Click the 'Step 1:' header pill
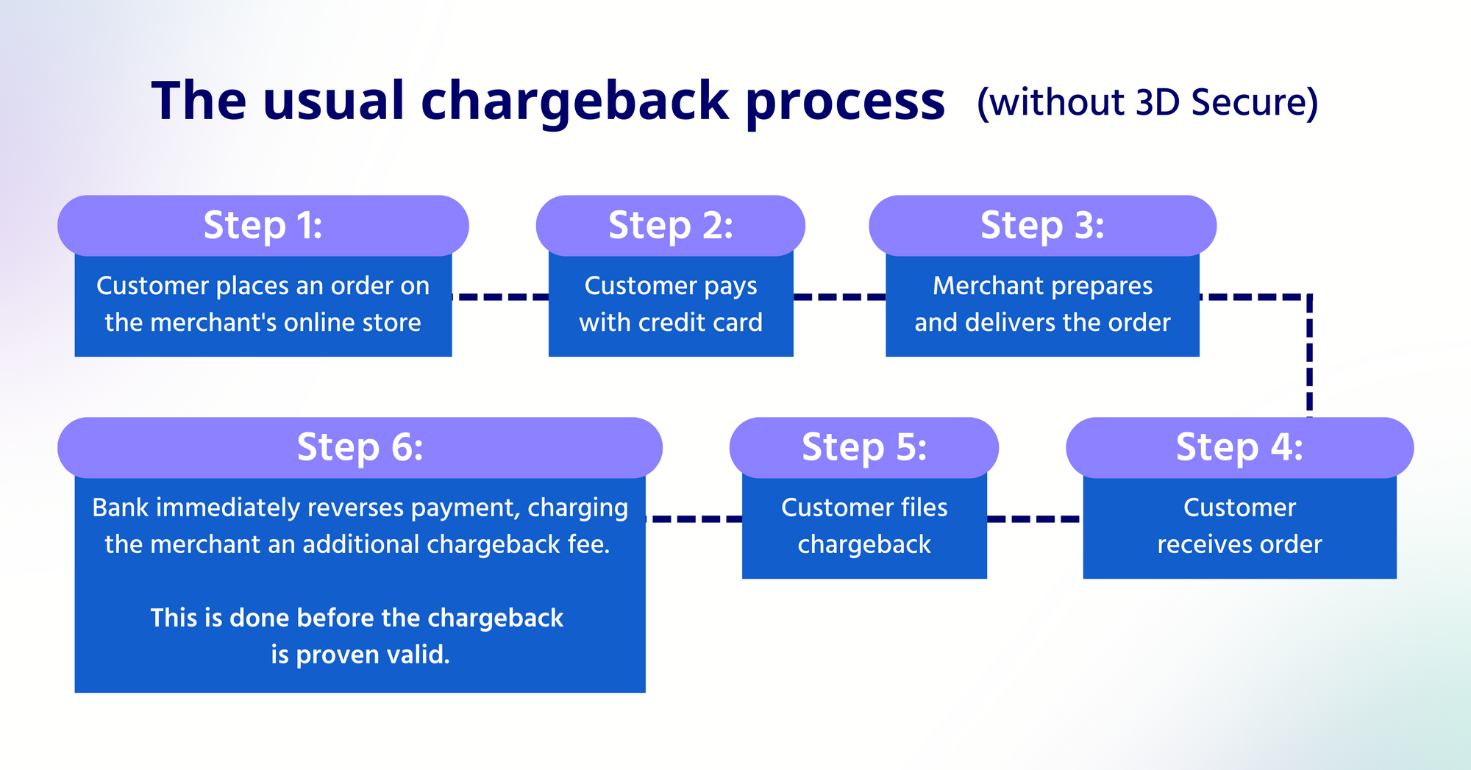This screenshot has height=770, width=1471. point(263,225)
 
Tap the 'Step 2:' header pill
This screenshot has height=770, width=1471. point(670,225)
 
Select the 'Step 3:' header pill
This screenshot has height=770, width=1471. point(1042,225)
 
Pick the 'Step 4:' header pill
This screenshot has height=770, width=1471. point(1239,447)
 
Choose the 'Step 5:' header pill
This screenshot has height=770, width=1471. point(863,447)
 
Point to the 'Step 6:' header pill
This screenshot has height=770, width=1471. point(360,447)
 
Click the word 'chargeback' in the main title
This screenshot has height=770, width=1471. point(574,101)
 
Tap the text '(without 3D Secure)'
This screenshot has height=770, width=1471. point(1147,102)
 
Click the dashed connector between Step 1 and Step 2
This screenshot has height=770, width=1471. point(500,297)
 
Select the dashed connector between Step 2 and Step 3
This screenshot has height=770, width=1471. point(839,297)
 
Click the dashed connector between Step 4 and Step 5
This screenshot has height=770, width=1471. point(1034,519)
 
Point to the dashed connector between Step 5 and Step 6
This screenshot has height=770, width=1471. point(694,519)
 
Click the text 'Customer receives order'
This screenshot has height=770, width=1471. point(1239,526)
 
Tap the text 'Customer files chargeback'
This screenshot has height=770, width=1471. point(864,526)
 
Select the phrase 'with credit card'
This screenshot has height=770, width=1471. point(671,323)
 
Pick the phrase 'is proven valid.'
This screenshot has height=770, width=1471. point(360,655)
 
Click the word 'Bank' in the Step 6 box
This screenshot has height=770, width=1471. point(121,507)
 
